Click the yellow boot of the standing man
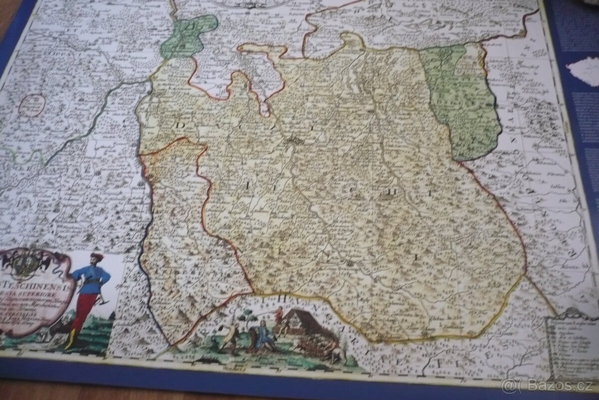(70, 340)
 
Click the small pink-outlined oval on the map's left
(33, 105)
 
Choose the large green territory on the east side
(462, 100)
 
